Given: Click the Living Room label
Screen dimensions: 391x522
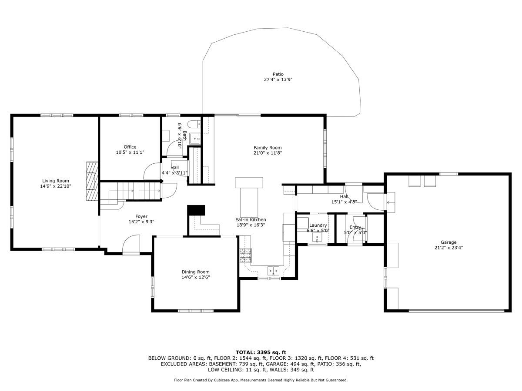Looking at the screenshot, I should (x=55, y=181).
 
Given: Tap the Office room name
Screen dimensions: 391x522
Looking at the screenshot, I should (x=130, y=147).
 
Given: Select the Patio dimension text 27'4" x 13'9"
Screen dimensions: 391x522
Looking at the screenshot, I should (x=278, y=80).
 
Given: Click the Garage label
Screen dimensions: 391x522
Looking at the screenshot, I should (x=448, y=242).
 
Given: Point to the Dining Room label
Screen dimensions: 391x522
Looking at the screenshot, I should (x=196, y=272).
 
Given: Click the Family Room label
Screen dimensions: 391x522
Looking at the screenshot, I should (x=268, y=148).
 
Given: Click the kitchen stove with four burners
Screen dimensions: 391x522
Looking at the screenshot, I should (x=245, y=255).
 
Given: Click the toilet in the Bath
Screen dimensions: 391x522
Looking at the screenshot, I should (x=194, y=123).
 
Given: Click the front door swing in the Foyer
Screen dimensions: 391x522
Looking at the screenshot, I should (x=131, y=245).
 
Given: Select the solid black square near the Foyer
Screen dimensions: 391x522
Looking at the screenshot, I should (x=195, y=210).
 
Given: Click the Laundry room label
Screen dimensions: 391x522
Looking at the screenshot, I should (x=318, y=225).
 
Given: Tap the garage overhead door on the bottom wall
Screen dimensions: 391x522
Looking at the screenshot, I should (x=456, y=311).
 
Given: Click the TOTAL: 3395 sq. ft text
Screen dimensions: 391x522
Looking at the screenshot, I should (x=261, y=352).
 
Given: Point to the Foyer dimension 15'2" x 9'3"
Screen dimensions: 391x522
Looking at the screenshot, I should (x=141, y=222).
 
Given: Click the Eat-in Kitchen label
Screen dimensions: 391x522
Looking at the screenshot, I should (x=251, y=220).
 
